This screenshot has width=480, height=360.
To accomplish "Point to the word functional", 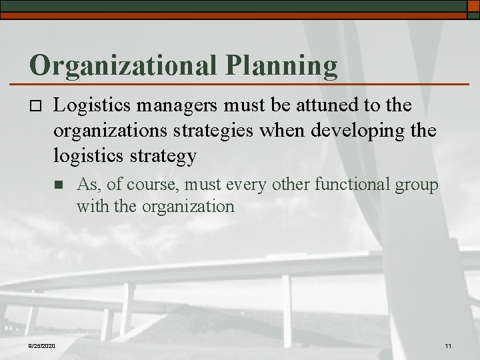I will [x=356, y=185].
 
